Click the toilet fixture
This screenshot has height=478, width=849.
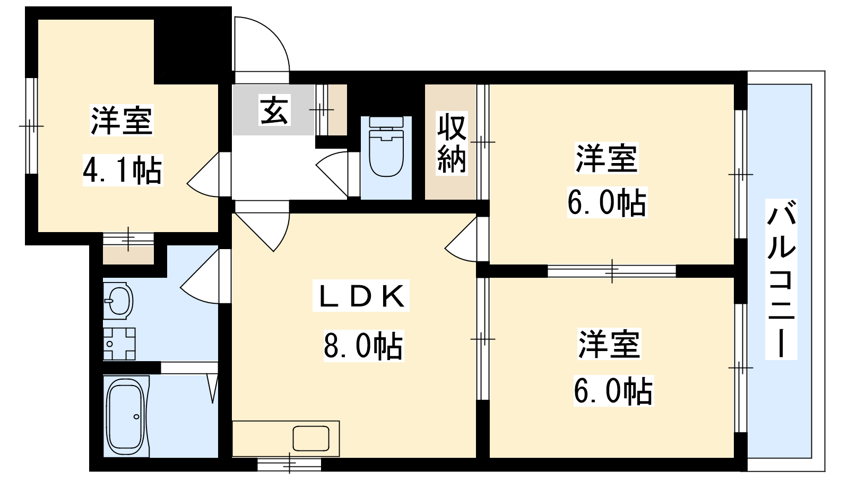[x=386, y=146]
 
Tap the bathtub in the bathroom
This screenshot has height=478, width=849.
[x=126, y=416]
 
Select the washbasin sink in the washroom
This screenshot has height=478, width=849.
[x=118, y=300]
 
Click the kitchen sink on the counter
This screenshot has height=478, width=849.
[x=311, y=438]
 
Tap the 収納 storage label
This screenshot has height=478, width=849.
[x=452, y=143]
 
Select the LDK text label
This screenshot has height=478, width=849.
[x=361, y=296]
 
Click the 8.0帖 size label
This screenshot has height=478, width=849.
[x=363, y=346]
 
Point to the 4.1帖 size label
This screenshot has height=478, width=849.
[x=123, y=170]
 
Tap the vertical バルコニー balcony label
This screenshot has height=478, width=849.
[x=781, y=279]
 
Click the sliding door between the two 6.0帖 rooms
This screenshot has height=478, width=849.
[x=612, y=271]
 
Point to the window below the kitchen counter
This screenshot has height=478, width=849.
[x=289, y=464]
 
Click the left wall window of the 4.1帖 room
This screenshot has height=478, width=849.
[x=31, y=126]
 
